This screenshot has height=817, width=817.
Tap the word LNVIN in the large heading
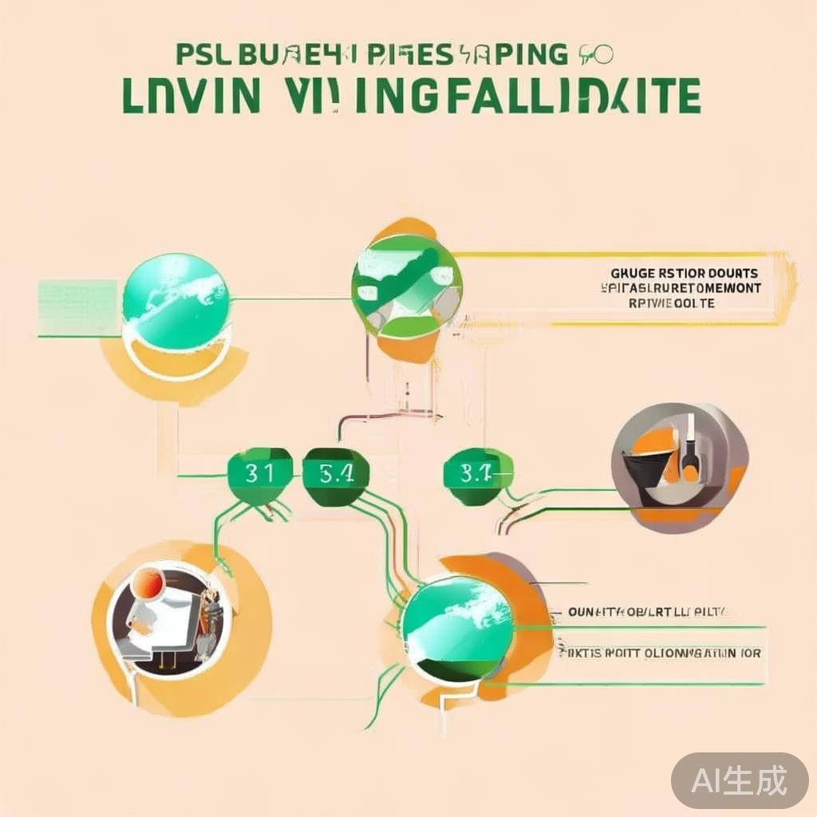coord(191,96)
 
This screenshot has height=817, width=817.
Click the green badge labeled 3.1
coord(258,474)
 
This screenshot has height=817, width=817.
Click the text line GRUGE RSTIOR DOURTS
coord(684,274)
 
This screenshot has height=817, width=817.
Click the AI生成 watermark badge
coord(739,780)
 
